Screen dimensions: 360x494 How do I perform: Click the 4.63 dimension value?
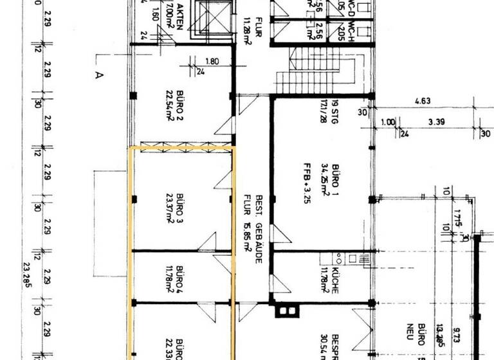tap(423, 101)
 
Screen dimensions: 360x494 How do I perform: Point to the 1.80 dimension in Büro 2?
tap(212, 62)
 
